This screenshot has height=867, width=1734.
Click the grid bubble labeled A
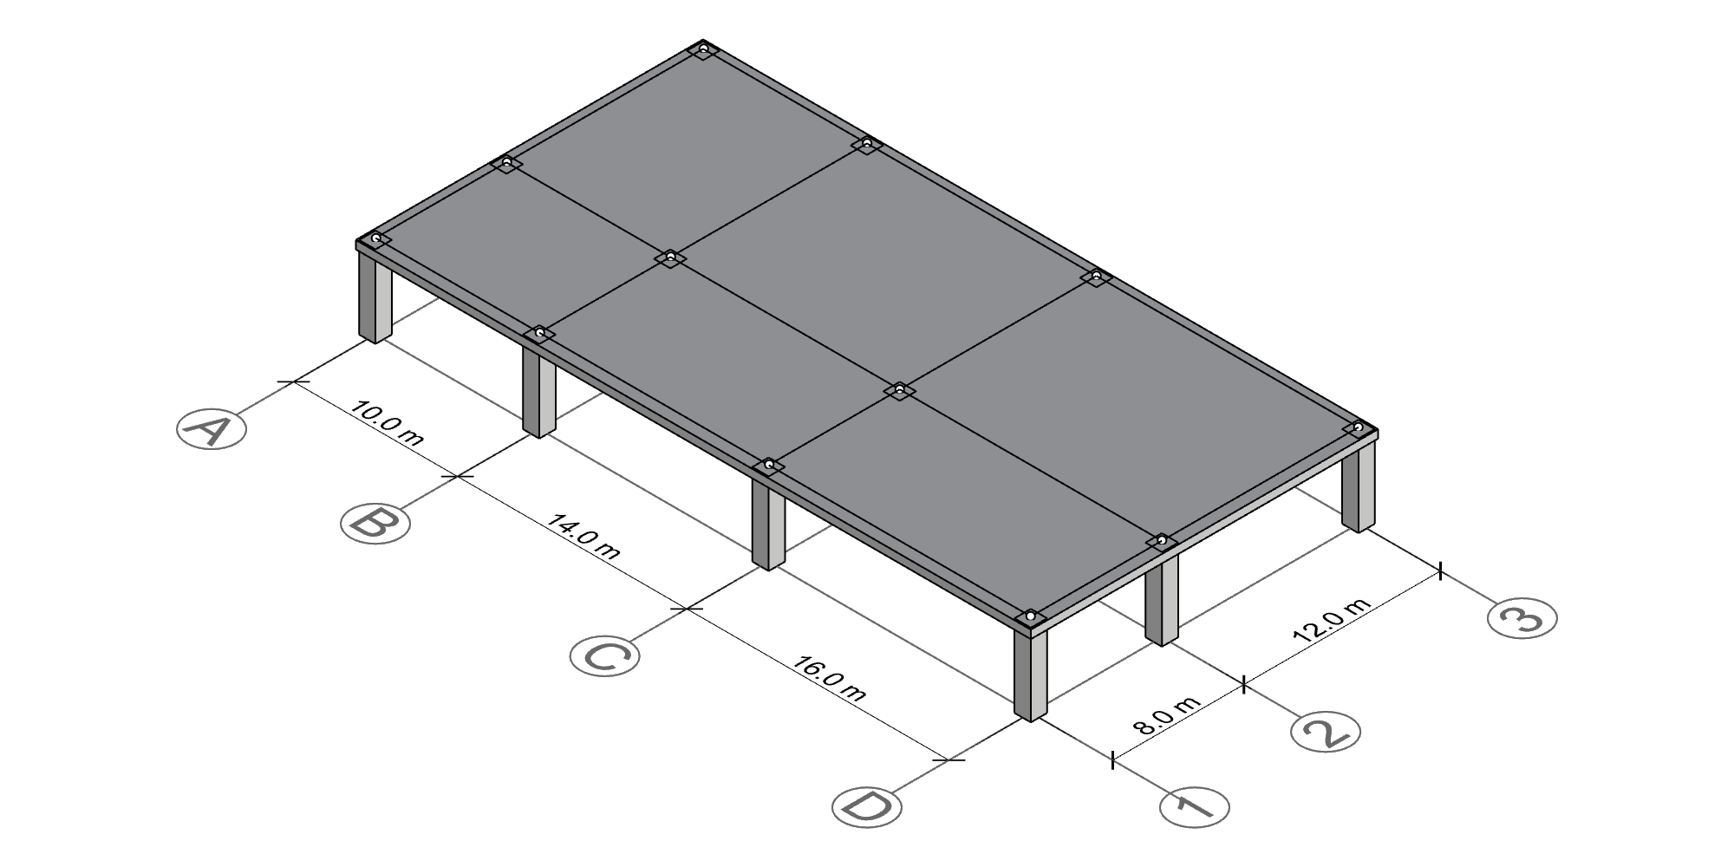pos(212,429)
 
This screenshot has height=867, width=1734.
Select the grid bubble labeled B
pos(375,524)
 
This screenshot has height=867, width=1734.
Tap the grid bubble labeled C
pos(605,655)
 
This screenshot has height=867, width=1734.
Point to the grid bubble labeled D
pos(866,806)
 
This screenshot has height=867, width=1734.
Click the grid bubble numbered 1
pos(1195,807)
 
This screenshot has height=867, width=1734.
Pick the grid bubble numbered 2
pos(1326,732)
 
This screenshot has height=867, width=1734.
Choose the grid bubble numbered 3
pos(1522,618)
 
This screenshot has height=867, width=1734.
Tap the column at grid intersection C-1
pos(768,524)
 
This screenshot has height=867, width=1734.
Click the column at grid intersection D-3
pos(1359,486)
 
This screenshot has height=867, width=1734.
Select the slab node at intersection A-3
pos(703,49)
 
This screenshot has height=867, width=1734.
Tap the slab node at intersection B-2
pos(670,257)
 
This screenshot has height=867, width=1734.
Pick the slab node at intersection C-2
pos(899,390)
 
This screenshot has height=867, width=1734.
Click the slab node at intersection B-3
pos(865,143)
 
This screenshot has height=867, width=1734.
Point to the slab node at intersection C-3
pos(1096,277)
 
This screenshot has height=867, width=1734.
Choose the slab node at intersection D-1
pos(1030,616)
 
